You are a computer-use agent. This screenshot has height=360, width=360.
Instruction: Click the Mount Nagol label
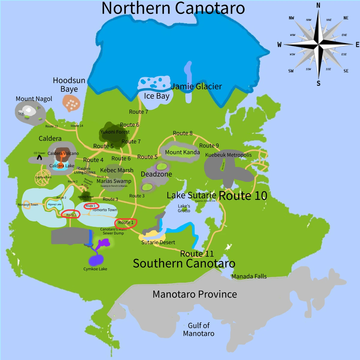tap(34, 99)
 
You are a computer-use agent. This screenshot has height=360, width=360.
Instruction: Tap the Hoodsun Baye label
tap(69, 85)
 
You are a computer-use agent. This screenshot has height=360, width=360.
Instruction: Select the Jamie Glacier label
tap(196, 86)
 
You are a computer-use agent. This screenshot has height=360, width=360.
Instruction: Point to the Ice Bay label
tap(157, 96)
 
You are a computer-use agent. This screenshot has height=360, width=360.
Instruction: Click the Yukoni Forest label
tap(115, 132)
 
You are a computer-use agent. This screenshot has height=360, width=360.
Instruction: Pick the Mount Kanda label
tap(182, 152)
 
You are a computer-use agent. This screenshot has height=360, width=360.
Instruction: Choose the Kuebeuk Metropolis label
tap(228, 155)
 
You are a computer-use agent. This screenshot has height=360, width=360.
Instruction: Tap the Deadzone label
tap(156, 174)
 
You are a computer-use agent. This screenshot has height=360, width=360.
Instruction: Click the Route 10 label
tap(243, 196)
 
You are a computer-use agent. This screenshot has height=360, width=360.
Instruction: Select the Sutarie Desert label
tap(158, 242)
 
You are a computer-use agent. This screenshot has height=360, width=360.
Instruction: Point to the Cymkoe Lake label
tap(95, 269)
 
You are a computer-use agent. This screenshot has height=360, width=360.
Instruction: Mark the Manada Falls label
tap(249, 276)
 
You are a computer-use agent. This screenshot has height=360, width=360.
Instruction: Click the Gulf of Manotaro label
tap(199, 329)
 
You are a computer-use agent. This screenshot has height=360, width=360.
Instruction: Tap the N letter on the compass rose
tap(318, 5)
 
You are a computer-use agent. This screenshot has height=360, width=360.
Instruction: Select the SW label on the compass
tap(291, 71)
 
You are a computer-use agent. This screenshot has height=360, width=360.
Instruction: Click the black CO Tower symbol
tap(39, 157)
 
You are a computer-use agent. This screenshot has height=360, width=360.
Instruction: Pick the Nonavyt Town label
tap(28, 205)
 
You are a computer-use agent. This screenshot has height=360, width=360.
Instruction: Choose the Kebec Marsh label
tap(117, 170)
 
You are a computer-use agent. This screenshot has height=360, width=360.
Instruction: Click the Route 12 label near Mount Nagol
tap(52, 126)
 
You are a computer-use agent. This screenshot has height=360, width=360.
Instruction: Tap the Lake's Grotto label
tap(184, 208)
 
